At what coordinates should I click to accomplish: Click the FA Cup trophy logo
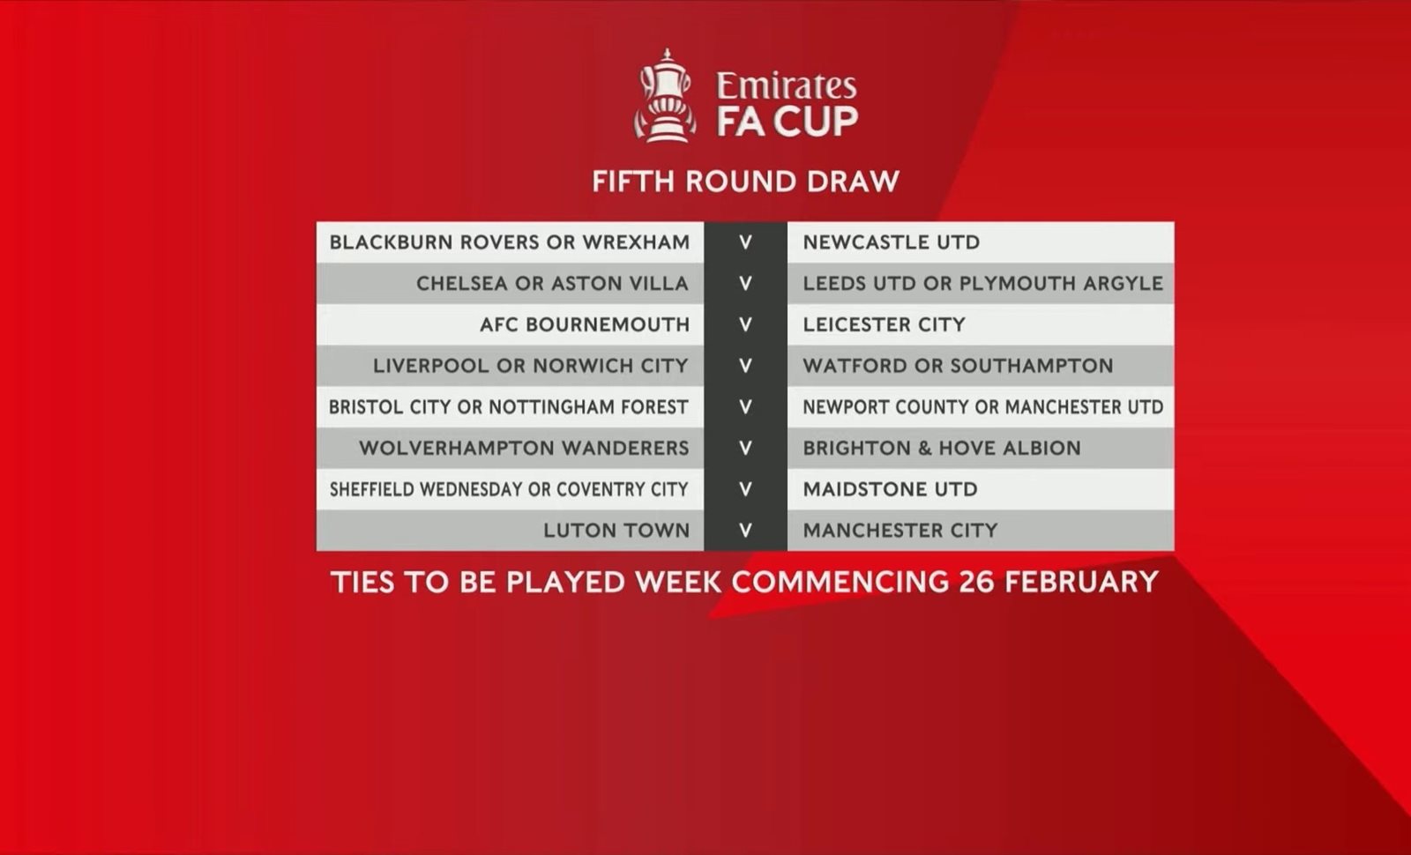tap(665, 96)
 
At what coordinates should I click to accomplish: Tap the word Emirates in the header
tap(787, 86)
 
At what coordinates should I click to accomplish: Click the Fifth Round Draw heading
tap(745, 182)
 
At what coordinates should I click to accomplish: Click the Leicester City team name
tap(884, 325)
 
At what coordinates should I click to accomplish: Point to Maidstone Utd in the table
tap(890, 489)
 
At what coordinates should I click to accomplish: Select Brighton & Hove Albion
tap(942, 449)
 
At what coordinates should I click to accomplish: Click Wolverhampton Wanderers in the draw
tap(524, 449)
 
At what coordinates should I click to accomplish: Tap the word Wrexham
tap(636, 242)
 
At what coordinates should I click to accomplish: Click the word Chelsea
tap(462, 283)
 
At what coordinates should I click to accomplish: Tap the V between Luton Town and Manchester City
tap(745, 531)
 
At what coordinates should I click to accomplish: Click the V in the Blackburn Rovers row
tap(745, 242)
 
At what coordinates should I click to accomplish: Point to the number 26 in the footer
tap(977, 582)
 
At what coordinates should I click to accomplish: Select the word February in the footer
tap(1081, 582)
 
